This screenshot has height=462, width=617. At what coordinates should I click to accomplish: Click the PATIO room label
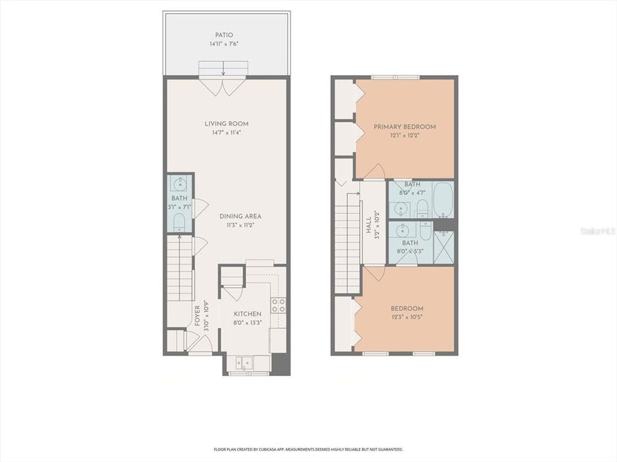click(225, 35)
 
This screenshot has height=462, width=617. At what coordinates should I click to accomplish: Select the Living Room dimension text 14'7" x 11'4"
click(226, 133)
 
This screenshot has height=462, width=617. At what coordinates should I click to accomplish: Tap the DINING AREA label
click(240, 216)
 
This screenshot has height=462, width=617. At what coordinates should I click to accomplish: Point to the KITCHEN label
click(247, 314)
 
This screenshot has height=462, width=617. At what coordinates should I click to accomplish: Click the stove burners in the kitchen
click(278, 305)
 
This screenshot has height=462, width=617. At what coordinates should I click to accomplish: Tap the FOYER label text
click(198, 316)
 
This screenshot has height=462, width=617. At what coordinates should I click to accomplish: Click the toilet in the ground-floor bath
click(180, 223)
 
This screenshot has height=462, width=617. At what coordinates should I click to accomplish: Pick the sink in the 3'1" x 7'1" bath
click(180, 185)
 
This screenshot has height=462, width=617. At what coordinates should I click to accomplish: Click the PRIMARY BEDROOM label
click(405, 127)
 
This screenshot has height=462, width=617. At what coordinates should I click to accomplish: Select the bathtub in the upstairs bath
click(443, 200)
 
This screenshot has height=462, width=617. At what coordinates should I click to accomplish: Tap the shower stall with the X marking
click(443, 247)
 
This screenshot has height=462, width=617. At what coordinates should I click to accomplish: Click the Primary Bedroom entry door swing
click(375, 172)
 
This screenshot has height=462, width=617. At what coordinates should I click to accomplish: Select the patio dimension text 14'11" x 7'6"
click(225, 44)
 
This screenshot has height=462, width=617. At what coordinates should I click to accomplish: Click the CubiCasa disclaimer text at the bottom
click(308, 449)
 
